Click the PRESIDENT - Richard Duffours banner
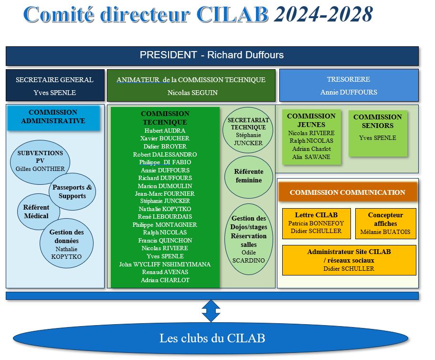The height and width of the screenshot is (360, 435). point(212,55)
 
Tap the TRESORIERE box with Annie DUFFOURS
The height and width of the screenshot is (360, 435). point(349,85)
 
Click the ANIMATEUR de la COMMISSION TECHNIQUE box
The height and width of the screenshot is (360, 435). point(191,85)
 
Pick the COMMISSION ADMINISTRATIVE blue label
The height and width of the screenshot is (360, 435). point(53,117)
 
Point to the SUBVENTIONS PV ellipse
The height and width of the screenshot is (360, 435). point(40,160)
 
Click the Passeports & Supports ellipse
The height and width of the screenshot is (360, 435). point(72,192)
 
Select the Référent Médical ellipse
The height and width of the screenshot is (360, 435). point(36,212)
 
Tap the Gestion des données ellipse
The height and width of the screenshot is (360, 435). point(67,244)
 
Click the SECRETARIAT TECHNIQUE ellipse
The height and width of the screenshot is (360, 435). point(248,130)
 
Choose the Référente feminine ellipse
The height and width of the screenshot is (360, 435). point(248,176)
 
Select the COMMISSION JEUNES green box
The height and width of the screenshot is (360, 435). point(311,136)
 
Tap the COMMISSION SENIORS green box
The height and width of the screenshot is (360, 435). point(377,133)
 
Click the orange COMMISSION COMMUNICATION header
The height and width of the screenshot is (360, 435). point(348,192)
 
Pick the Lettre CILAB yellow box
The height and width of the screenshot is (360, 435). point(316,222)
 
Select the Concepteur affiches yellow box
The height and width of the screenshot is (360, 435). point(385,223)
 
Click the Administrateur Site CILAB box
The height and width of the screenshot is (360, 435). point(349,260)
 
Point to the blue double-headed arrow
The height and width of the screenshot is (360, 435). point(211,311)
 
